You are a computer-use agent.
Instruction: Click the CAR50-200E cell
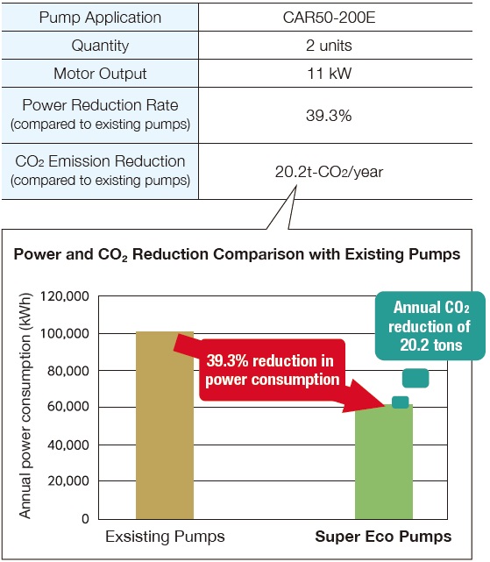(x=329, y=18)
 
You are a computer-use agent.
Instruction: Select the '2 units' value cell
(x=329, y=46)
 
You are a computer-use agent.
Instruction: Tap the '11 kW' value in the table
(x=329, y=74)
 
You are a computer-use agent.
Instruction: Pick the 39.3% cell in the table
(x=329, y=116)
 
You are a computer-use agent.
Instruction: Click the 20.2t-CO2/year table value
(x=329, y=172)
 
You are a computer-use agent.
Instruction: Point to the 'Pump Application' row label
(x=100, y=18)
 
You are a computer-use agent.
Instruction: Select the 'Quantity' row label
(x=100, y=46)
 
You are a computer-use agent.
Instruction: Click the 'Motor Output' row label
(x=100, y=74)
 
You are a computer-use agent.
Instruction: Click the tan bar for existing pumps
(x=165, y=425)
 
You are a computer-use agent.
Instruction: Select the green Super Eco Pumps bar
(x=384, y=462)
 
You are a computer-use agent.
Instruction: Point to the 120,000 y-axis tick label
(x=65, y=296)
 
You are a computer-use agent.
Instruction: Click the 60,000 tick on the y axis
(x=68, y=407)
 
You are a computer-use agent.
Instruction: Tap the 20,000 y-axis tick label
(x=68, y=481)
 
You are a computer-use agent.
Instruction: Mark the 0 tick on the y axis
(x=85, y=519)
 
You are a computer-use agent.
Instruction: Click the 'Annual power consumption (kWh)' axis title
(x=25, y=406)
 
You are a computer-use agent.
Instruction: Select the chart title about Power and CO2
(x=237, y=254)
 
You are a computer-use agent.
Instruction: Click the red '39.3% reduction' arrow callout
(x=273, y=370)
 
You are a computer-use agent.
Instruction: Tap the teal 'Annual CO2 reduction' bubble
(x=430, y=326)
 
